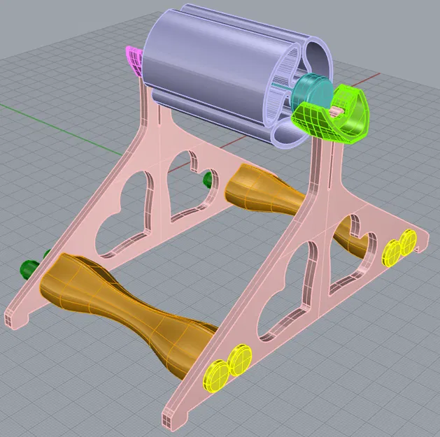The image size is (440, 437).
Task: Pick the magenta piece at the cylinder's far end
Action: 134,60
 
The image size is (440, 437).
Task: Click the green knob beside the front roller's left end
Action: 29,267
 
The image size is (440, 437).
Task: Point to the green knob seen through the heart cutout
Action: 208,181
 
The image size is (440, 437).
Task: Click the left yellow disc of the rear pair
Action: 392,252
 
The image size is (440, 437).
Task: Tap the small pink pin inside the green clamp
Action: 339,111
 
